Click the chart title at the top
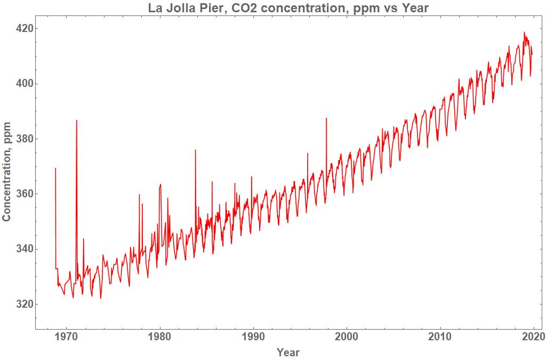[x=288, y=9]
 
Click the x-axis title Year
[x=288, y=352]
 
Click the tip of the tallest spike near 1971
[x=77, y=121]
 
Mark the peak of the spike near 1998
[x=326, y=118]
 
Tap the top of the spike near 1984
[x=195, y=150]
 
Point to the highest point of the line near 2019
[x=524, y=33]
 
